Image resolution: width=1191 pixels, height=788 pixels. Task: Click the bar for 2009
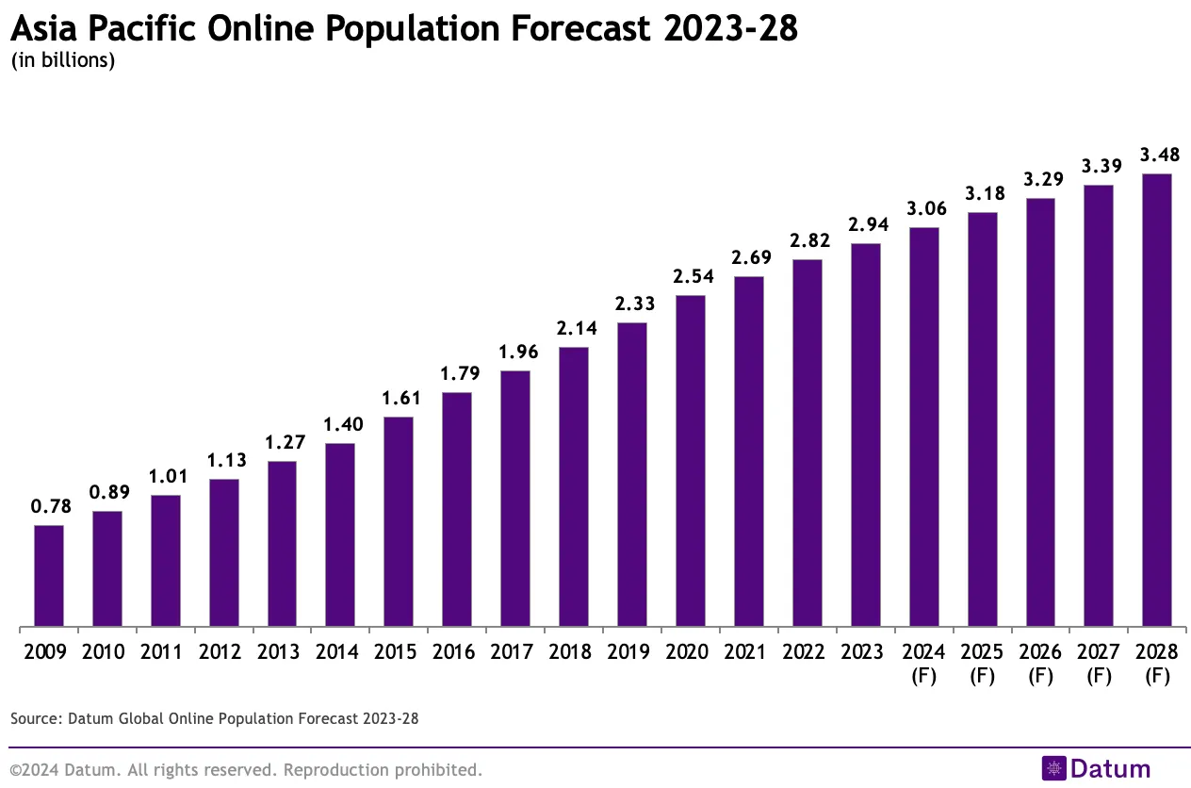[49, 575]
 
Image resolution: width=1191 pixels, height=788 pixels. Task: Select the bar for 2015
[399, 521]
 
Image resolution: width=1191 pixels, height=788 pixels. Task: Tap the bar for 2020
[691, 461]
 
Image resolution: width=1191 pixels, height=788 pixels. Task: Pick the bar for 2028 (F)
[1156, 400]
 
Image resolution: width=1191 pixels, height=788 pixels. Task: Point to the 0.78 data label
[49, 506]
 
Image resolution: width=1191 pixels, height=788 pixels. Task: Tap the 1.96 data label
[515, 352]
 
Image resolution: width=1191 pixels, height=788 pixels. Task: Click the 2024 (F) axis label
[923, 664]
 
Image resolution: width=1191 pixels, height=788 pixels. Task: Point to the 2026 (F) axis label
[1040, 664]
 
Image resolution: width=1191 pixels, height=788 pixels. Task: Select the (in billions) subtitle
[62, 61]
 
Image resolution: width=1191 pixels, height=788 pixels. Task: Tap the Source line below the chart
[214, 718]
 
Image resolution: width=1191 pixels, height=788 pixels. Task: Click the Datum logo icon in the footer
[1053, 768]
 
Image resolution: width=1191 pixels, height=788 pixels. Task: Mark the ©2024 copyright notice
[246, 770]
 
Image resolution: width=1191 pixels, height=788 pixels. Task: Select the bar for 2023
[865, 435]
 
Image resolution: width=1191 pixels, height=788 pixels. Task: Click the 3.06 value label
[923, 208]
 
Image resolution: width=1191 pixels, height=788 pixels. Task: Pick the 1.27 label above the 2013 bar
[283, 442]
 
